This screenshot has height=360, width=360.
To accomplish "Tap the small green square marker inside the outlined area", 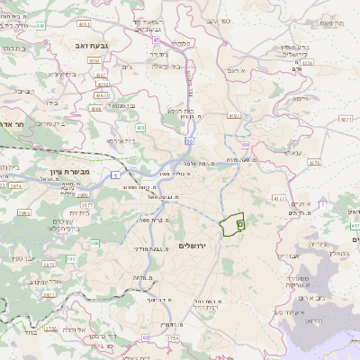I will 239,221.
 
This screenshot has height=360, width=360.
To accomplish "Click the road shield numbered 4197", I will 235,115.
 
